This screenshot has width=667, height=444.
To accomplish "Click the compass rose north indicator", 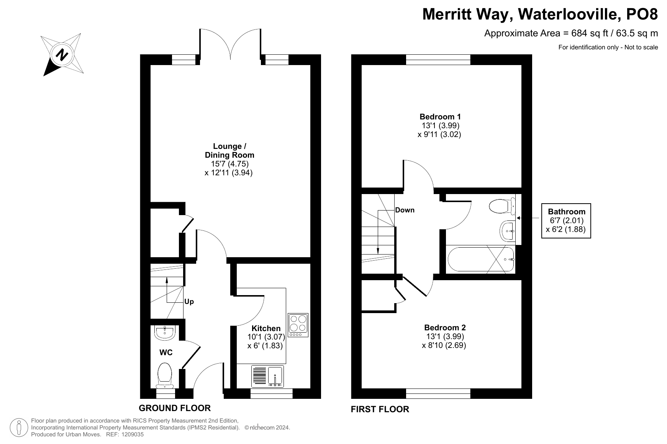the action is click(x=62, y=54).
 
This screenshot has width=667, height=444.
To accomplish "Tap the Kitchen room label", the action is click(x=266, y=328).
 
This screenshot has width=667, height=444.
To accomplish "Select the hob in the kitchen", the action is click(x=298, y=325).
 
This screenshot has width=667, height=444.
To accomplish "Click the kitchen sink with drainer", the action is click(x=267, y=376).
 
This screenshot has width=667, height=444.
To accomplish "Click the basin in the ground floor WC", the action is click(x=165, y=332).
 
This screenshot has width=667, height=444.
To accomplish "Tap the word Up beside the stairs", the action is click(x=189, y=302).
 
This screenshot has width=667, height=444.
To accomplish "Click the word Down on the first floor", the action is click(x=405, y=210).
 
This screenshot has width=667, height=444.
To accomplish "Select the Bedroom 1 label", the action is click(x=440, y=116).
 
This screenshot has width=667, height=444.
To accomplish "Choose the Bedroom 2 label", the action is click(x=445, y=327).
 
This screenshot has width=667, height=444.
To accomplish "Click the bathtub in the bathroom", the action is click(x=481, y=260).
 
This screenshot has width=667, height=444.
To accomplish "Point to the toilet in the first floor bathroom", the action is click(x=503, y=207).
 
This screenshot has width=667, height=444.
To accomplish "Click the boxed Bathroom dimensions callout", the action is click(x=566, y=221).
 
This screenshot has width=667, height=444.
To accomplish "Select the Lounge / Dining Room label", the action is click(x=229, y=150).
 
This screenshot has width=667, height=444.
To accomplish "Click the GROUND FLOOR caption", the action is click(x=175, y=408).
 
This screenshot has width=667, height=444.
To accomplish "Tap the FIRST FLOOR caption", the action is click(x=380, y=409).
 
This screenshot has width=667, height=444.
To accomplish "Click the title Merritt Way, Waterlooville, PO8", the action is click(x=540, y=15).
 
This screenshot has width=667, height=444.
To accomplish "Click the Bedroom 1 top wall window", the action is click(x=438, y=60).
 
